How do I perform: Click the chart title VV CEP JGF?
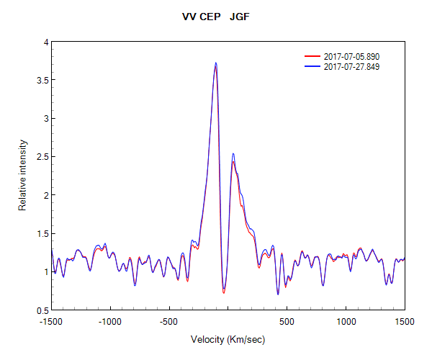tap(215, 16)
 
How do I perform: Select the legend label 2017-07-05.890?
tap(351, 56)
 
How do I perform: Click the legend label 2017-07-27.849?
tap(351, 66)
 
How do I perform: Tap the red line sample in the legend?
tap(312, 56)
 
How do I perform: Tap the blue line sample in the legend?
tap(312, 66)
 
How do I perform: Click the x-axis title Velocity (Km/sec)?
tap(227, 339)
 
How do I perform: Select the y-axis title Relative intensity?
tap(22, 176)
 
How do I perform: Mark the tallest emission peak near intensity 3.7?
tap(215, 63)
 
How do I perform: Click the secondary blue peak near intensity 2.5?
tap(233, 153)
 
